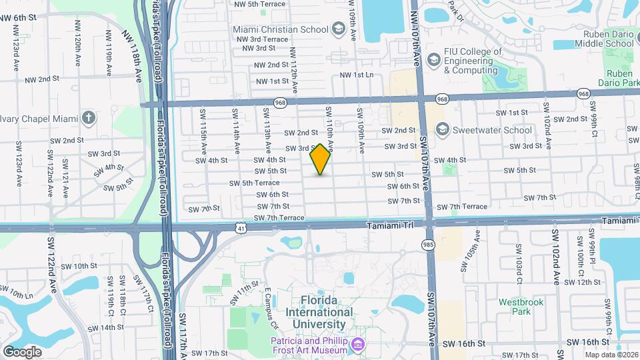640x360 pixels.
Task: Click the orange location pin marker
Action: point(321,159)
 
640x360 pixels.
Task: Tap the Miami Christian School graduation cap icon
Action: point(339,29)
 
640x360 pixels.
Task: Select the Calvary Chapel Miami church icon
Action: point(89,117)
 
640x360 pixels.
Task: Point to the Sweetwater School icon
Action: point(441,129)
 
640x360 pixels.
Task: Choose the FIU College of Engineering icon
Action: point(434,61)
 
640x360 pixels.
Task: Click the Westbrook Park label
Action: point(521,308)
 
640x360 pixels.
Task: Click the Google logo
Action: point(22,351)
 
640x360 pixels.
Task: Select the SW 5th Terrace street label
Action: point(255,183)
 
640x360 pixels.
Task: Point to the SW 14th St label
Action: point(107,327)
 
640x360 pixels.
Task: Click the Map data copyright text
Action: point(611,355)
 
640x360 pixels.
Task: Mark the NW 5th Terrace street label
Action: point(259,4)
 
